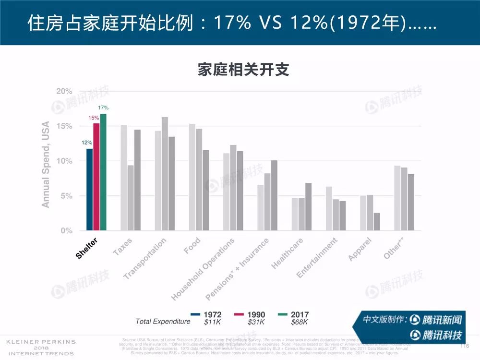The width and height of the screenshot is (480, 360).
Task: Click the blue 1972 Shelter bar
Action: point(89,190)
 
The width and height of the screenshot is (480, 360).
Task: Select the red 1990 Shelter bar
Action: point(96,177)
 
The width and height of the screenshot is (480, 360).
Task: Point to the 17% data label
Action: point(103,108)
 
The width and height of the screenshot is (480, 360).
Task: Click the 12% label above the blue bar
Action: point(87,143)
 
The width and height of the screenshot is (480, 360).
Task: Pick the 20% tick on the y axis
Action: point(64,91)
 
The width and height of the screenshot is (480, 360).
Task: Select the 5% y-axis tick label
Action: point(66,196)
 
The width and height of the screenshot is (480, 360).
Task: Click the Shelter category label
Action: point(87,248)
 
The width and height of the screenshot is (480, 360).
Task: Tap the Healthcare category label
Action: point(287,253)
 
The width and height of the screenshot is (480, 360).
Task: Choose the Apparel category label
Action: point(360,250)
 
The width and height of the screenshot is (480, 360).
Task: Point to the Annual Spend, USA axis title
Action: point(46,165)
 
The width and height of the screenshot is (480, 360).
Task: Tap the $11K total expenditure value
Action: point(212,322)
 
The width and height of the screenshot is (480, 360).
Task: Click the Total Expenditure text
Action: point(163,321)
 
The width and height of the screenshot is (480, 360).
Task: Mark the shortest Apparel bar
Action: point(377,222)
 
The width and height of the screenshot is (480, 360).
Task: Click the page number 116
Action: point(464,346)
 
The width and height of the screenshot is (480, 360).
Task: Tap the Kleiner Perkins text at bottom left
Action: point(40,342)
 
